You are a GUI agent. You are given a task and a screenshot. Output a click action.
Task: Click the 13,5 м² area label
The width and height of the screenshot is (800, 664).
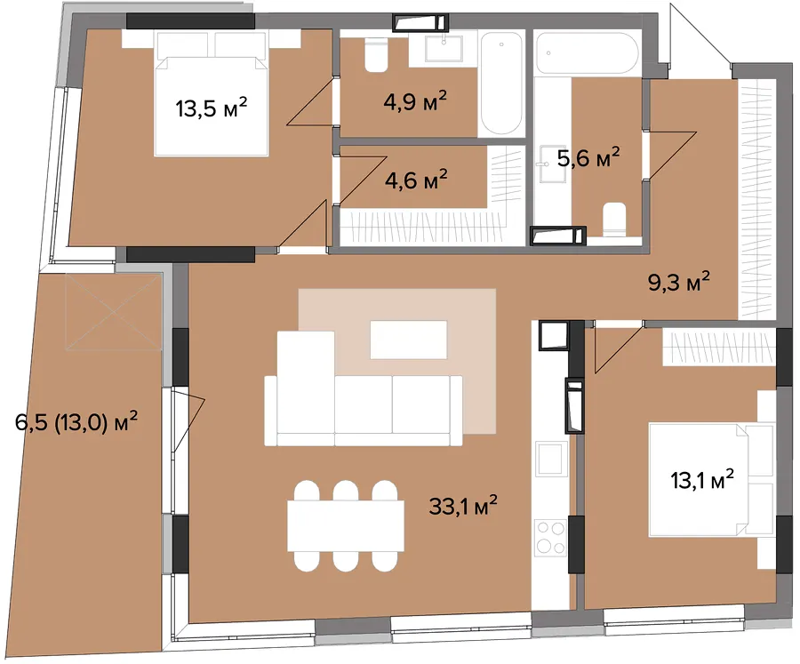pos(212,108)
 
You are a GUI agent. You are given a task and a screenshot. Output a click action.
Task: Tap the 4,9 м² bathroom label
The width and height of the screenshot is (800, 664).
pos(415,101)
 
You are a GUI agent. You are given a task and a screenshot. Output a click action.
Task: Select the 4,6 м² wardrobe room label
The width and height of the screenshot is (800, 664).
pos(416,180)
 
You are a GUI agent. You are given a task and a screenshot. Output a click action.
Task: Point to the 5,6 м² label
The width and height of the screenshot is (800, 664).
pos(588,157)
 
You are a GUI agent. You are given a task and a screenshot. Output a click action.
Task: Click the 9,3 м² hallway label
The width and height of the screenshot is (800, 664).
pos(678,281)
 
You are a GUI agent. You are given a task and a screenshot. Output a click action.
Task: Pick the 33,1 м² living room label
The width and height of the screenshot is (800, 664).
pos(463,506)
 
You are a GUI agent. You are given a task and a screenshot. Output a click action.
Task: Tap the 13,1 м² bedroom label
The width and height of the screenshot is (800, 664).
pos(702,480)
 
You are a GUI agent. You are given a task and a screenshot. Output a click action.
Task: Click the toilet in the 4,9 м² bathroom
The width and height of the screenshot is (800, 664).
pos(377,55)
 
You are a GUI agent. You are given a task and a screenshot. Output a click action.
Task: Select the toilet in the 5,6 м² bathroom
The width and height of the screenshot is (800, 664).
pos(614,220)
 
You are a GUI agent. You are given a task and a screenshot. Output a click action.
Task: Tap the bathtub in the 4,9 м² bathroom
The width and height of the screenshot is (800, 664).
pos(501,84)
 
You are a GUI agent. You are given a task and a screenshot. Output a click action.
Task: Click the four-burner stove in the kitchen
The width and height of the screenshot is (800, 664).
pos(550,539)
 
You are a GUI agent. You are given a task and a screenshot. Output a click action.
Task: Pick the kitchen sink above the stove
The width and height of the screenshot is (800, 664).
pos(551,459)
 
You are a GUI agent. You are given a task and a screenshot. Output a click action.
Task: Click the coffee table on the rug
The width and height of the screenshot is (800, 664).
pos(408,340)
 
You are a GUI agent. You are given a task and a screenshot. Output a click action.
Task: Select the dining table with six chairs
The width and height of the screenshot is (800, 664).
pos(346,525)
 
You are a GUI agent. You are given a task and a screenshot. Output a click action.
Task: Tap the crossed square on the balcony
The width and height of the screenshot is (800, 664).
pos(113,312)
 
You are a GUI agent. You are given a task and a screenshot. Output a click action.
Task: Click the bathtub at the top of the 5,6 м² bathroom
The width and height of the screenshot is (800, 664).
pos(588,52)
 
